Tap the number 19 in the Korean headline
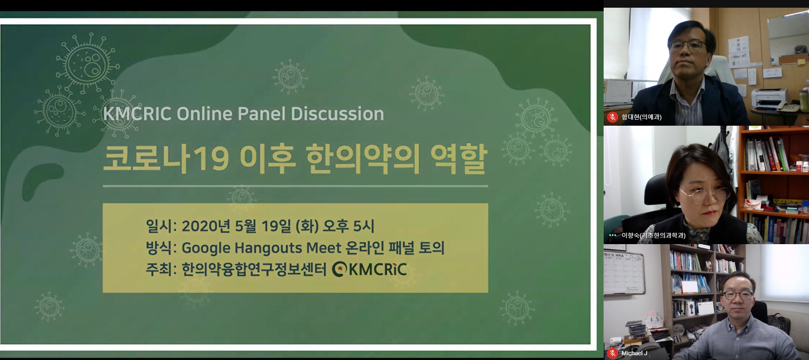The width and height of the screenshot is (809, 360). (211, 159)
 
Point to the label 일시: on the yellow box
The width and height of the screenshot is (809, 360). (161, 226)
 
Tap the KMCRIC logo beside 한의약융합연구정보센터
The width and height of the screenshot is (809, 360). (370, 269)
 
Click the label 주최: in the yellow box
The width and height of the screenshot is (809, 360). (161, 270)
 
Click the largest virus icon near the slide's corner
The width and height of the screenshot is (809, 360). (88, 64)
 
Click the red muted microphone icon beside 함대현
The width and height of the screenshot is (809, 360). (613, 117)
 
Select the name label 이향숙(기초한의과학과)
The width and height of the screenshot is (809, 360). (653, 236)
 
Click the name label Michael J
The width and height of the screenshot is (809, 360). (634, 353)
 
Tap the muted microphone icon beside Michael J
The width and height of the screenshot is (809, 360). (613, 353)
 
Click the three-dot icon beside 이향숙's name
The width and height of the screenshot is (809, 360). (613, 236)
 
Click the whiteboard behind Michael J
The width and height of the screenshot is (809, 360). (624, 273)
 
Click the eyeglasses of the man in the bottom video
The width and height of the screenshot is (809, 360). (738, 295)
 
